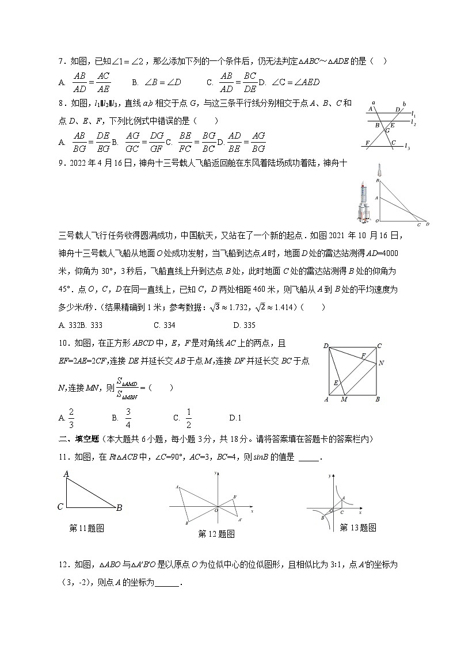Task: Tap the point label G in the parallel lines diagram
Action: (x=387, y=131)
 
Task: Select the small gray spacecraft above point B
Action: (x=378, y=171)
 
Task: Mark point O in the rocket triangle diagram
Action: (x=376, y=221)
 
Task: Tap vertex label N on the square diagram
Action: (x=381, y=364)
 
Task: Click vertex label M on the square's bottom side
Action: (x=344, y=399)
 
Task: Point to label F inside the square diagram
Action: (x=363, y=356)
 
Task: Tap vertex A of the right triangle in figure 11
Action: (x=66, y=474)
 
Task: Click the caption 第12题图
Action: (x=216, y=534)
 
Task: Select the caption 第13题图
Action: (x=357, y=527)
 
